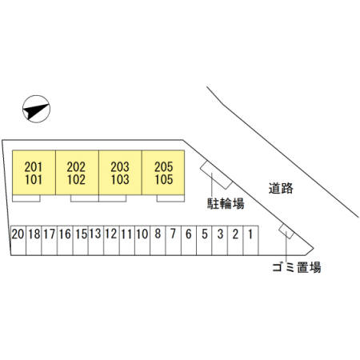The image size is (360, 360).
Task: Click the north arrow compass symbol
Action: click(36, 109)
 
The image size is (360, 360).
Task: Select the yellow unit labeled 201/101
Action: click(34, 173)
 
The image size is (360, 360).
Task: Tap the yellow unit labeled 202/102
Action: click(77, 173)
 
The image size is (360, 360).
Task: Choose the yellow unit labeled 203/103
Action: click(120, 173)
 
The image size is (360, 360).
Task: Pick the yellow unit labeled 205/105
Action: click(163, 173)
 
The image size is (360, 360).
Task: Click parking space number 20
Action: click(18, 241)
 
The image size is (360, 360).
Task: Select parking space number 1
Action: click(250, 241)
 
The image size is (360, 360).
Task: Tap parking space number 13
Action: click(96, 241)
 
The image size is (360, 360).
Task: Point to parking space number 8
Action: click(158, 241)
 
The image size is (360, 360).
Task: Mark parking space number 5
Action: click(204, 241)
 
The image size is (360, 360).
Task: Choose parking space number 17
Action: click(50, 241)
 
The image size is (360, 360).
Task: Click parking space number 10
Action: click(142, 241)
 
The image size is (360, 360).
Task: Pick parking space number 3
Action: click(220, 241)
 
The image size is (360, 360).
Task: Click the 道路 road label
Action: click(281, 188)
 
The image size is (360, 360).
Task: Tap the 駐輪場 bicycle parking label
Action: click(226, 204)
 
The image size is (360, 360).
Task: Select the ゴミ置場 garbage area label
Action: click(297, 267)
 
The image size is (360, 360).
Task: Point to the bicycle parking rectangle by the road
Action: click(216, 175)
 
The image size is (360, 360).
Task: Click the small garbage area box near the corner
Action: click(286, 231)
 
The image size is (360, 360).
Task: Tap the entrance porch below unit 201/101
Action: click(26, 198)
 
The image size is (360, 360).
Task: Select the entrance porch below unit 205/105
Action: click(170, 198)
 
